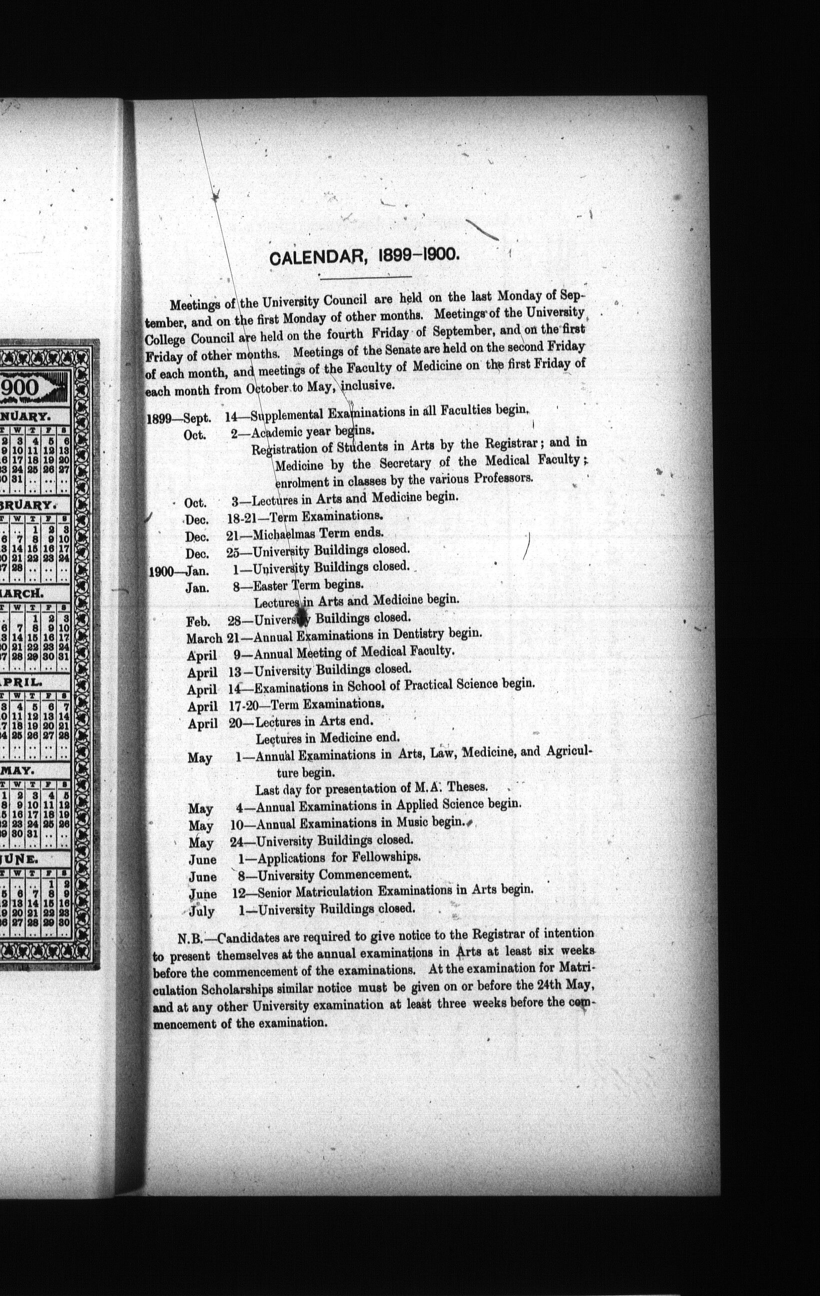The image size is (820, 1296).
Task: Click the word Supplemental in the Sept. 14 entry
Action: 285,415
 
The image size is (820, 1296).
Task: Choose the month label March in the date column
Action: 204,639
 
